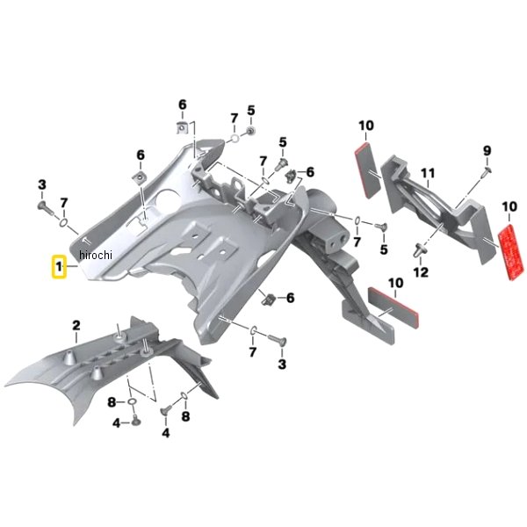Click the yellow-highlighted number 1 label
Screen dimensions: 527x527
(59, 267)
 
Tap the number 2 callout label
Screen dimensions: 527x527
(76, 325)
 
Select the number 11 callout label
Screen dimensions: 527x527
(428, 173)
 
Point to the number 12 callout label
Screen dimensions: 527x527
(421, 272)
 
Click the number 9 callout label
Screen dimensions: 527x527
(487, 151)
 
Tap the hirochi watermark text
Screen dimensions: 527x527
(96, 256)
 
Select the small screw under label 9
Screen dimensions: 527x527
(487, 171)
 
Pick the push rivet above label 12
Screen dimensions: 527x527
(419, 250)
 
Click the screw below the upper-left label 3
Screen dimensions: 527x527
(46, 208)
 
